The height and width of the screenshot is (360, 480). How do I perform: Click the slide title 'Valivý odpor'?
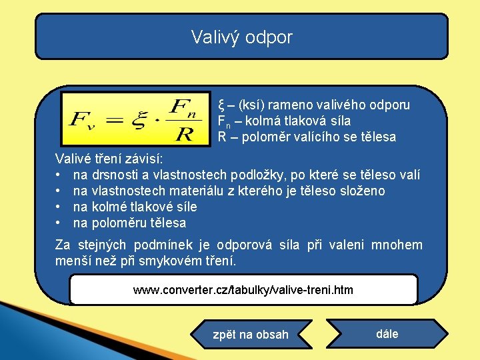pyautogui.click(x=241, y=37)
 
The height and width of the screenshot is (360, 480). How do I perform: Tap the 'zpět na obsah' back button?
pyautogui.click(x=250, y=335)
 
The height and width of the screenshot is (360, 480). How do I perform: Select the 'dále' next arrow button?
pyautogui.click(x=387, y=334)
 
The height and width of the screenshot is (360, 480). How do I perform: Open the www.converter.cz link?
pyautogui.click(x=243, y=290)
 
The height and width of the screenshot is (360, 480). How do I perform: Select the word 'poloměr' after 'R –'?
pyautogui.click(x=267, y=137)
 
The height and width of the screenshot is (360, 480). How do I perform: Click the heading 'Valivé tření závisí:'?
pyautogui.click(x=109, y=159)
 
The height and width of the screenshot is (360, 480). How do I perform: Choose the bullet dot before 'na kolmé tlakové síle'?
pyautogui.click(x=59, y=207)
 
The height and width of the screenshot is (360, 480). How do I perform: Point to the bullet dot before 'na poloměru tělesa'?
pyautogui.click(x=59, y=223)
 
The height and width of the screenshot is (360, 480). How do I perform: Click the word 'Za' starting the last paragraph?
pyautogui.click(x=63, y=245)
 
